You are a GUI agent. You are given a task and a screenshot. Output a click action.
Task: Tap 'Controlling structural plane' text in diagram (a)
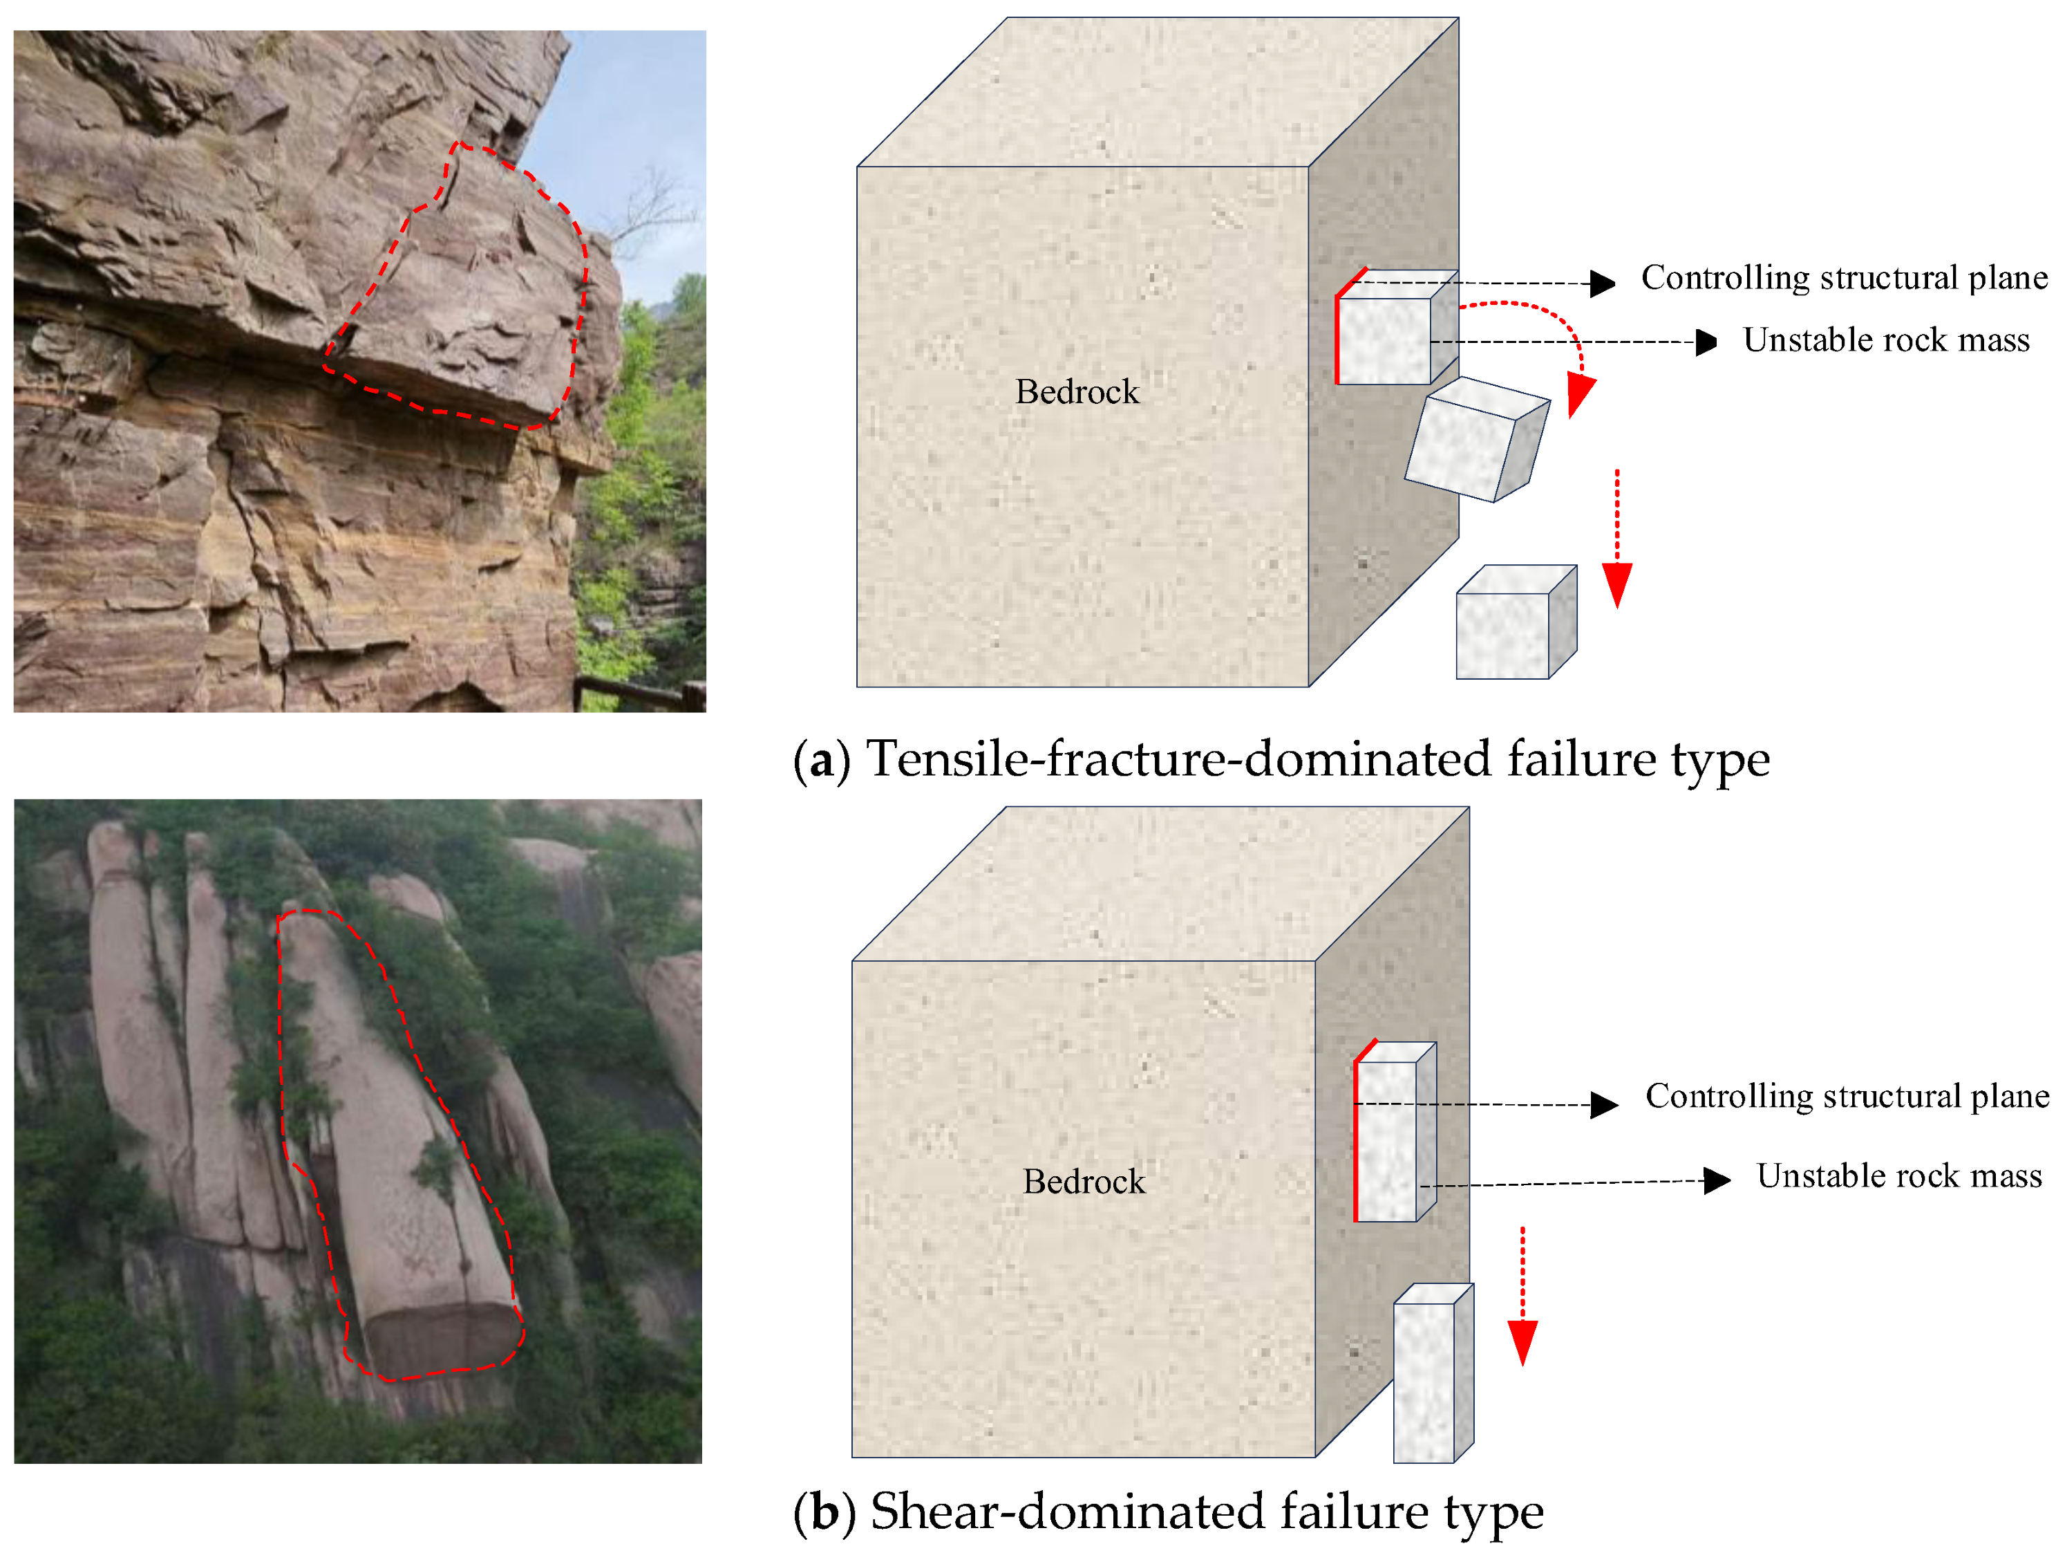[1844, 277]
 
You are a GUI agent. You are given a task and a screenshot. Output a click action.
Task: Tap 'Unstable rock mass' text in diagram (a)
[1886, 340]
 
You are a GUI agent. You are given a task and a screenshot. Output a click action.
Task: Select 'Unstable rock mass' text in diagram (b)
[1899, 1175]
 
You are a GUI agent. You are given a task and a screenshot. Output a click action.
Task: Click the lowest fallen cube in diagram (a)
[1512, 624]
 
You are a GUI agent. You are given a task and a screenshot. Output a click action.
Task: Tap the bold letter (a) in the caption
[822, 759]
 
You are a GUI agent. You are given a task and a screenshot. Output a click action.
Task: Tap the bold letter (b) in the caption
[823, 1511]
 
